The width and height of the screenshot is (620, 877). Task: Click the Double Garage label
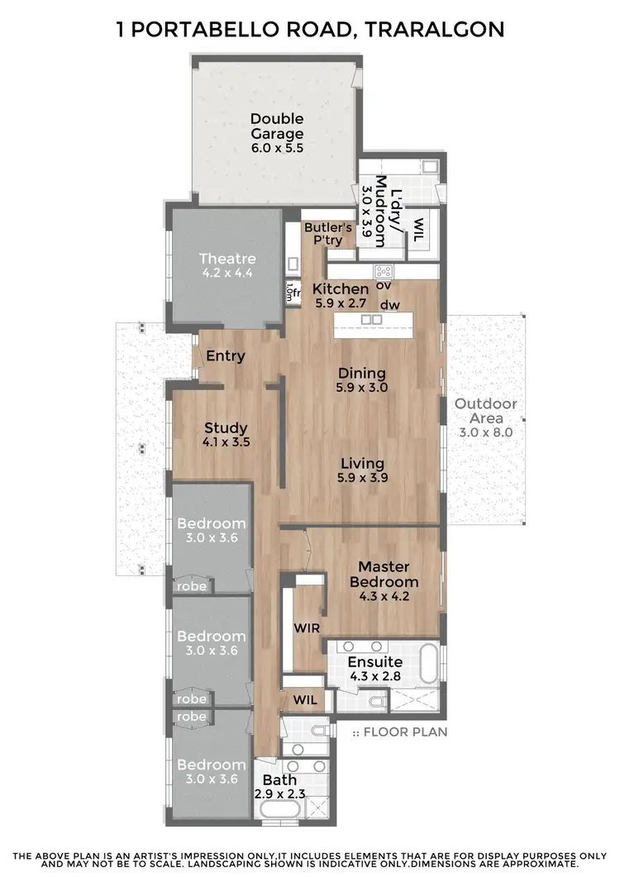pos(277,126)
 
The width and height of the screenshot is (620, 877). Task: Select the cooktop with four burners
pos(384,270)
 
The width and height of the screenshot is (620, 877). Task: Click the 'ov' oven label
pos(384,286)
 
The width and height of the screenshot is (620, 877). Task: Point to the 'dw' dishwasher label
pos(390,305)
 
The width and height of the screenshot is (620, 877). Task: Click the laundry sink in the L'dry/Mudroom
pos(427,168)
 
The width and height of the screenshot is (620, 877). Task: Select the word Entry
pos(226,356)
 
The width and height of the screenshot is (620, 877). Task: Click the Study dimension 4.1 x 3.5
pos(226,442)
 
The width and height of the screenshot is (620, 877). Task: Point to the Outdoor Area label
pos(486,411)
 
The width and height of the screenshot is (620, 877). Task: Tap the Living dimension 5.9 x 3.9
pos(362,477)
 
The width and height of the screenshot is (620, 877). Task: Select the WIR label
pos(307,627)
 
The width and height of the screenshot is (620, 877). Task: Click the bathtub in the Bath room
pos(281,809)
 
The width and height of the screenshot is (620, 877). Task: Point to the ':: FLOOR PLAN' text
pos(400,732)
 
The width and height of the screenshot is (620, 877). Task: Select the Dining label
pos(362,372)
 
